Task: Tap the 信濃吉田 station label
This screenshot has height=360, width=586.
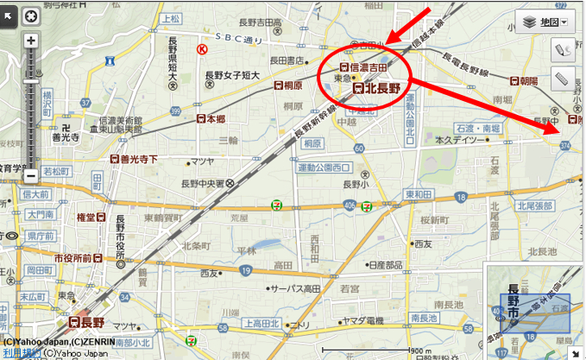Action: point(369,67)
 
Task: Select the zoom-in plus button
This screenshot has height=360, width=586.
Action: point(31,41)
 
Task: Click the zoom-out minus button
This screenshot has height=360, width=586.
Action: point(31,175)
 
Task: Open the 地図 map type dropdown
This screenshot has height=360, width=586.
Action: point(542,22)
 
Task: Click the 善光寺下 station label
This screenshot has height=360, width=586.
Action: point(132,159)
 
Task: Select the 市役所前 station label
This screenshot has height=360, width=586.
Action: point(76,257)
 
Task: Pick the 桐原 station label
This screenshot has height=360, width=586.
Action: point(287,86)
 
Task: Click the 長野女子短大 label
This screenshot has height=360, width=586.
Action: point(234,75)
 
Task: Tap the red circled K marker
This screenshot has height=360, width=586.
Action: point(202,50)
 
